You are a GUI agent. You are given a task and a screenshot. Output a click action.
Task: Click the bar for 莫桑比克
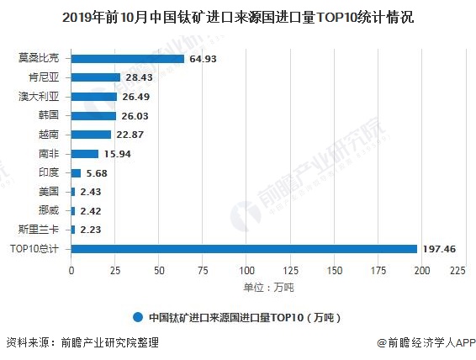click(128, 59)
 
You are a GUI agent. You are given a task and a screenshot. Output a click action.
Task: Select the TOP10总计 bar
click(244, 248)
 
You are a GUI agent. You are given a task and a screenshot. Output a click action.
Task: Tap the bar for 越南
click(91, 135)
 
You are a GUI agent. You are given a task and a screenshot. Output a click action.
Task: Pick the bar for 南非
click(85, 154)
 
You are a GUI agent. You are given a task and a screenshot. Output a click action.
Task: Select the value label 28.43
click(139, 77)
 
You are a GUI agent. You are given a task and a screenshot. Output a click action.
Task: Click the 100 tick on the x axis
click(246, 271)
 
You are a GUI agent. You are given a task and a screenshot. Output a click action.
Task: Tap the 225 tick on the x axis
click(457, 271)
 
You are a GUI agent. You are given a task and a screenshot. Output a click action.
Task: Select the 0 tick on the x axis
click(71, 271)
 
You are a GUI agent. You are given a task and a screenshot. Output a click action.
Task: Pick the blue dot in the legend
click(137, 317)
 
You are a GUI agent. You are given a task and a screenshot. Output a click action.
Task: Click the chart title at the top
click(237, 16)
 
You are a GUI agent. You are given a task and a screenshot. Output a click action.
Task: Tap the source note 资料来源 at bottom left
click(82, 343)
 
